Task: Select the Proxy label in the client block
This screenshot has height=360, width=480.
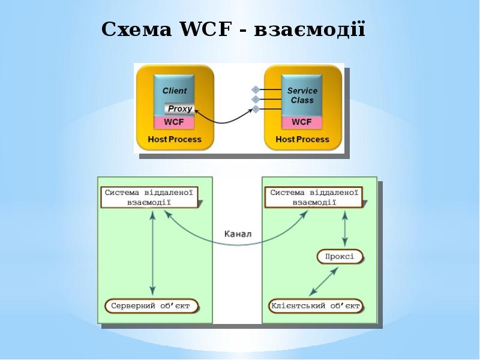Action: pos(179,109)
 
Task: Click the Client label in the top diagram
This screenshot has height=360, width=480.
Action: pos(174,91)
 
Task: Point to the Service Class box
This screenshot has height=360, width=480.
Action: pos(302,95)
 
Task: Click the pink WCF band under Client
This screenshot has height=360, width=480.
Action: pos(174,122)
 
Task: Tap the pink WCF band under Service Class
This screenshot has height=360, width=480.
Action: pos(302,122)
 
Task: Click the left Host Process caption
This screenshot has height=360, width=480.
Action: pos(175,139)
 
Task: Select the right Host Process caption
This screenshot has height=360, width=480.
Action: pos(302,139)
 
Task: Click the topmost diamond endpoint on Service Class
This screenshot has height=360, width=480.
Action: pos(256,89)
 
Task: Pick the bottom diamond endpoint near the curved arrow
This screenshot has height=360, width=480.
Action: pos(256,109)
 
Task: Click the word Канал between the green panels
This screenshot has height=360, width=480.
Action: pos(238,234)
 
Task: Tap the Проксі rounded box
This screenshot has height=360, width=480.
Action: pos(340,257)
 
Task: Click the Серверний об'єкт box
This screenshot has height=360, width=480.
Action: pos(151,306)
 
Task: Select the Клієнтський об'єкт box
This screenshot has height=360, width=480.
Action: pos(316,306)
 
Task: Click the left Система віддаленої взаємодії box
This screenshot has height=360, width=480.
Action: pos(149,197)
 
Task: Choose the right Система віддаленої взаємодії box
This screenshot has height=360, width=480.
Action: pos(314,197)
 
